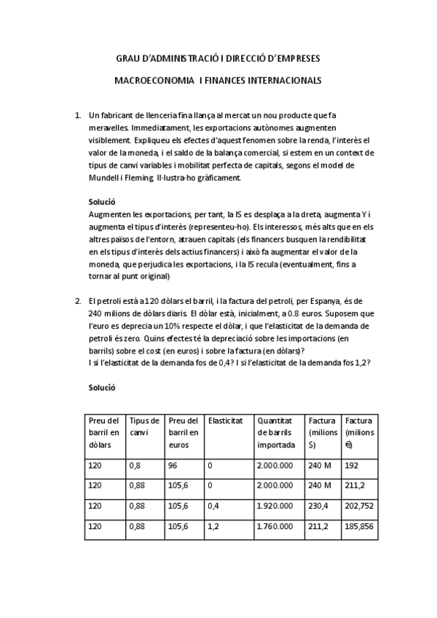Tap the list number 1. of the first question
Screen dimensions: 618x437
[x=78, y=115]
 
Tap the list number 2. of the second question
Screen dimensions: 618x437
[x=78, y=301]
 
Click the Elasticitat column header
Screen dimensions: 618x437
[x=225, y=421]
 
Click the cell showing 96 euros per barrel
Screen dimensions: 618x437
[x=173, y=465]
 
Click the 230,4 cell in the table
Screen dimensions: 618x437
[x=318, y=505]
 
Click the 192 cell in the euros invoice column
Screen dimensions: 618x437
[x=352, y=465]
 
